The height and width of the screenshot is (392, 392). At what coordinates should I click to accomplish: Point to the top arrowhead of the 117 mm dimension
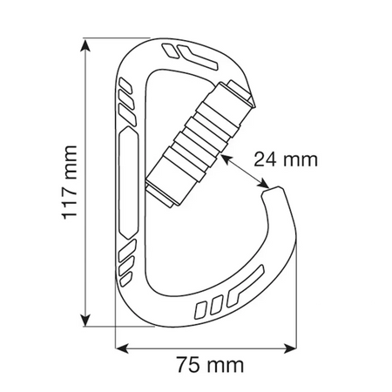(x=85, y=44)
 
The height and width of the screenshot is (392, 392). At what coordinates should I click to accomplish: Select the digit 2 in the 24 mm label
(x=259, y=159)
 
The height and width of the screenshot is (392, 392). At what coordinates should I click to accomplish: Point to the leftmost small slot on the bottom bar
(x=202, y=307)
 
